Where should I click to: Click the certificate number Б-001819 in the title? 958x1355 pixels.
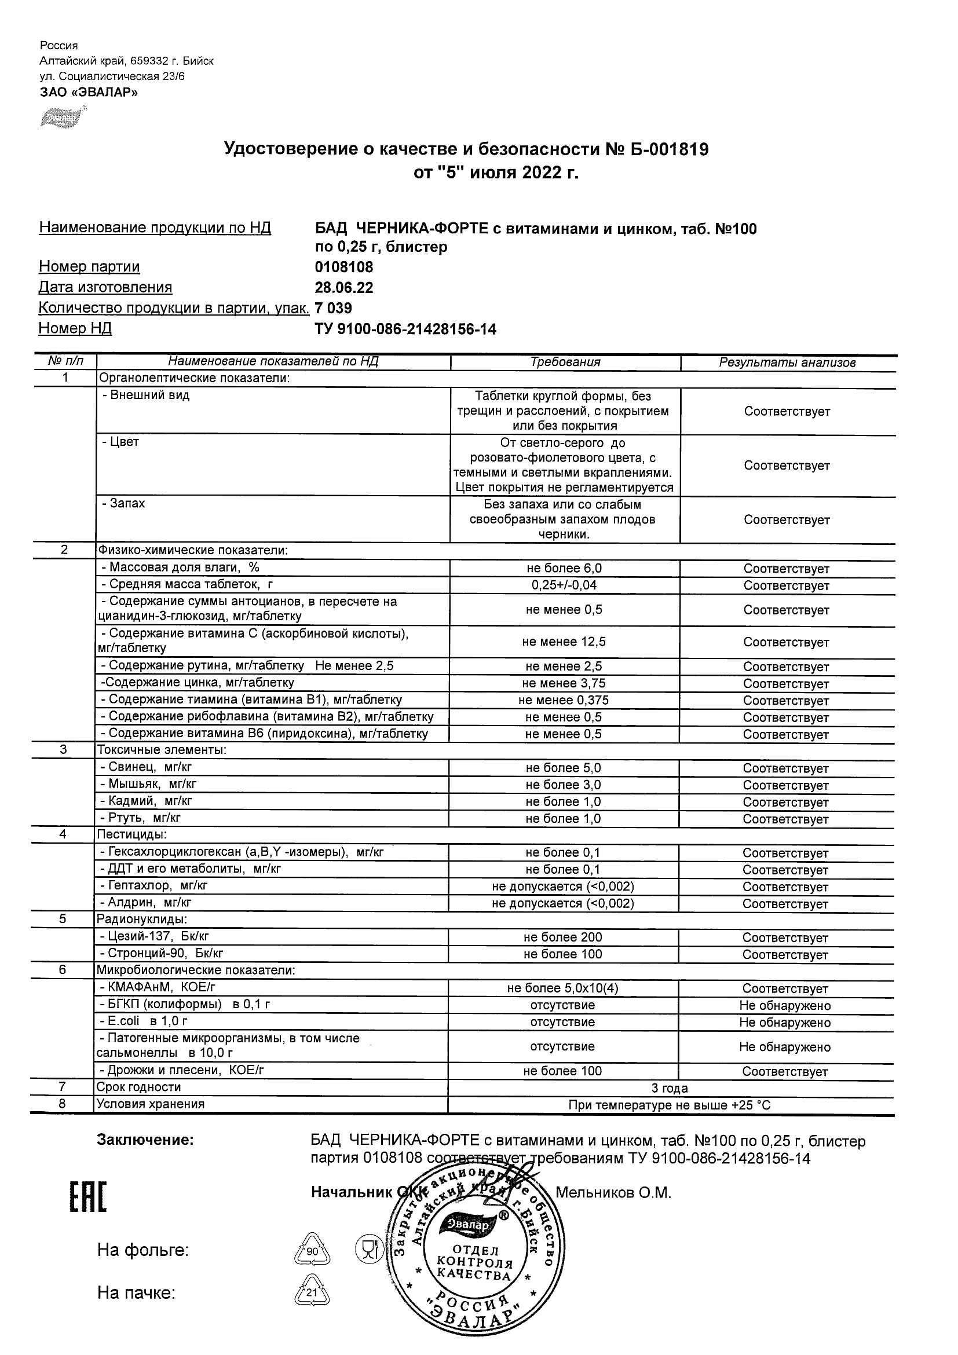pos(657,149)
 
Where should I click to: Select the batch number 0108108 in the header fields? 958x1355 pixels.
pos(344,267)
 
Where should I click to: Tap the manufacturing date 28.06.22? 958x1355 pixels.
pos(344,287)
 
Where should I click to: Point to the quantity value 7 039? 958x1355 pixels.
pos(334,308)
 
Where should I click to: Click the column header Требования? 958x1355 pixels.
pos(565,362)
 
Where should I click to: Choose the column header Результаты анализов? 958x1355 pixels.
pos(787,362)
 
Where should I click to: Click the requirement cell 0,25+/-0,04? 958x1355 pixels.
pos(564,585)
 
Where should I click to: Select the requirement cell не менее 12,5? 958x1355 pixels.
pos(564,642)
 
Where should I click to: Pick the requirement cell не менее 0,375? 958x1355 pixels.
pos(564,700)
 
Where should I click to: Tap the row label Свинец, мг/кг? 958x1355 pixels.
pos(151,767)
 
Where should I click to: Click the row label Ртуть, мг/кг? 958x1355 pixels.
pos(145,818)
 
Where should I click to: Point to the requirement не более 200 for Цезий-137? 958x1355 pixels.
pos(562,937)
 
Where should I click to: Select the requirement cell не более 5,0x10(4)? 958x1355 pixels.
pos(562,988)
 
